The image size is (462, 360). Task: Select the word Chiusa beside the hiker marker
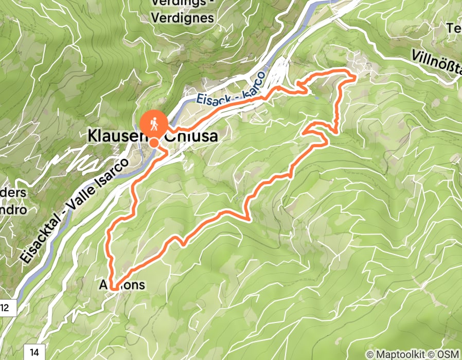point(190,136)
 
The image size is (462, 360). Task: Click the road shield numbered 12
point(6,308)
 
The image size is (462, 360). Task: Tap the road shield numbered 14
point(33,352)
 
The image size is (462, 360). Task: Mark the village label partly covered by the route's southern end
point(124,284)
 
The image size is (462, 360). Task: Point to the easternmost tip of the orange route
point(356,77)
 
